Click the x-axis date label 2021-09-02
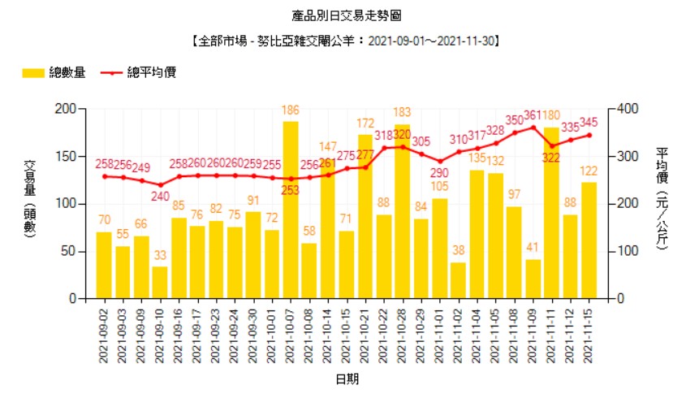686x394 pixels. pyautogui.click(x=104, y=334)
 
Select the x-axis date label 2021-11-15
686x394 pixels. pyautogui.click(x=589, y=334)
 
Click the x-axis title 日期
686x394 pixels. pyautogui.click(x=346, y=379)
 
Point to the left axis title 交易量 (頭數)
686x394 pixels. pyautogui.click(x=30, y=203)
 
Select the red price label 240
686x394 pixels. pyautogui.click(x=160, y=196)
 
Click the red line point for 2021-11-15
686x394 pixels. pyautogui.click(x=589, y=135)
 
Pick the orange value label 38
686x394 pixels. pyautogui.click(x=458, y=251)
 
